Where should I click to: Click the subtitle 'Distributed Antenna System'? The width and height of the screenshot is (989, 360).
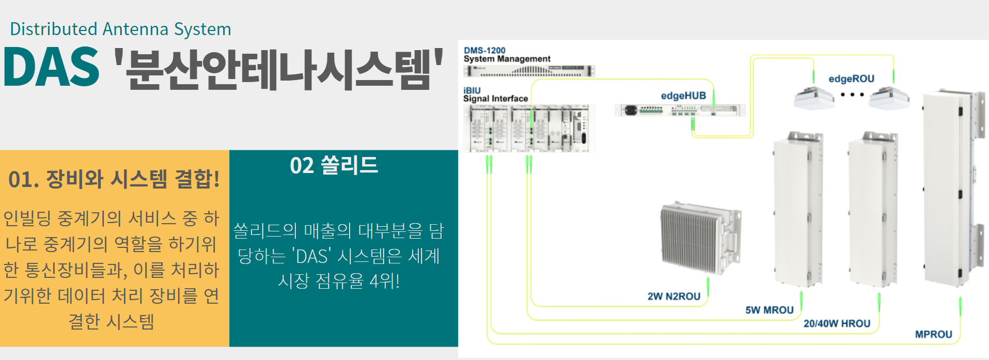tap(120, 29)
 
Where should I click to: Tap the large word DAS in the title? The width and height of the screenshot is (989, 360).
tap(51, 68)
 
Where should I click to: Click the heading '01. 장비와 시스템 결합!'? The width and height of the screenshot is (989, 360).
tap(114, 179)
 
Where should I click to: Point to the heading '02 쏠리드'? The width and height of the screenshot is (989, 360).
tap(334, 166)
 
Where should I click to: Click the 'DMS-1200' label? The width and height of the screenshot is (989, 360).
tap(484, 50)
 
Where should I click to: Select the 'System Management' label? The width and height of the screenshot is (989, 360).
tap(507, 59)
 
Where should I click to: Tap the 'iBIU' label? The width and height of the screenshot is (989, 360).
tap(472, 90)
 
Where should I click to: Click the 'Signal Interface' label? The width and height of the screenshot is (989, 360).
tap(495, 99)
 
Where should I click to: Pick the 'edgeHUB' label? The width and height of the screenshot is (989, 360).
tap(683, 96)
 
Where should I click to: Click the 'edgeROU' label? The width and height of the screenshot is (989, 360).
tap(851, 79)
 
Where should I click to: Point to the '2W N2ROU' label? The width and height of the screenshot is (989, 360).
tap(674, 296)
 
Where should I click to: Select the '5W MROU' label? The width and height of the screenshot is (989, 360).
tap(769, 310)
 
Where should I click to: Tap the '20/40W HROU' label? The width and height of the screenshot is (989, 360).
tap(837, 324)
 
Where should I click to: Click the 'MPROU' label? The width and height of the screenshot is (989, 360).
tap(933, 335)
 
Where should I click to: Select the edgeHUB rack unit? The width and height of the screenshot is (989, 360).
tap(680, 110)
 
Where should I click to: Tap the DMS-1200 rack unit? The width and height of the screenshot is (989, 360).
tap(529, 71)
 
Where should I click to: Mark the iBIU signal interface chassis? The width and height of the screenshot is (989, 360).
tap(529, 128)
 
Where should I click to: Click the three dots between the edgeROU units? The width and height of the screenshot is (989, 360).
tap(852, 95)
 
